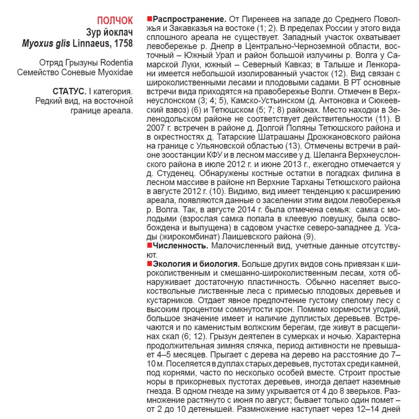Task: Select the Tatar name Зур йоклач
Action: (x=109, y=32)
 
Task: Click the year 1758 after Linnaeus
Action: (x=123, y=44)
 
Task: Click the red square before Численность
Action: (x=149, y=245)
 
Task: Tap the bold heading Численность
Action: (x=180, y=246)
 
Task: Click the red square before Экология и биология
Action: (x=149, y=264)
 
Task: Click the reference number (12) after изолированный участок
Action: (x=339, y=74)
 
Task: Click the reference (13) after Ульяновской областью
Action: (x=293, y=146)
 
